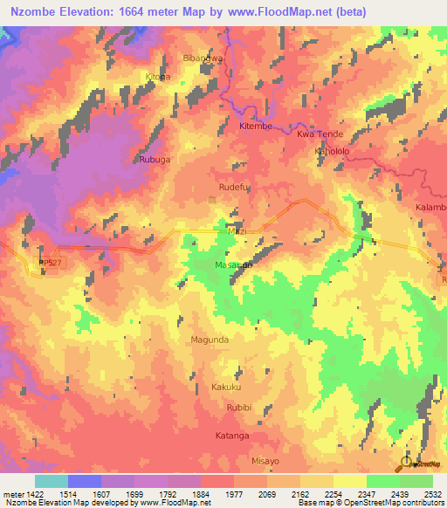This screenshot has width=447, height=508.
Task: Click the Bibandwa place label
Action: [202, 58]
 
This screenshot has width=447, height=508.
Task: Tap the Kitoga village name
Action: [158, 77]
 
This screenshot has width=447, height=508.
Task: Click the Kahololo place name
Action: [331, 151]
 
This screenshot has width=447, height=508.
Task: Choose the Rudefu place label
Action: [234, 186]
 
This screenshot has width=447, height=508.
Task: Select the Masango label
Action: [234, 264]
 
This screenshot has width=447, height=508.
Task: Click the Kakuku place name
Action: [225, 387]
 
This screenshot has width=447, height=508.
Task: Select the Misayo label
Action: [265, 460]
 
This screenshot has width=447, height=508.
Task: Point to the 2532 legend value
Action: [432, 493]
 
